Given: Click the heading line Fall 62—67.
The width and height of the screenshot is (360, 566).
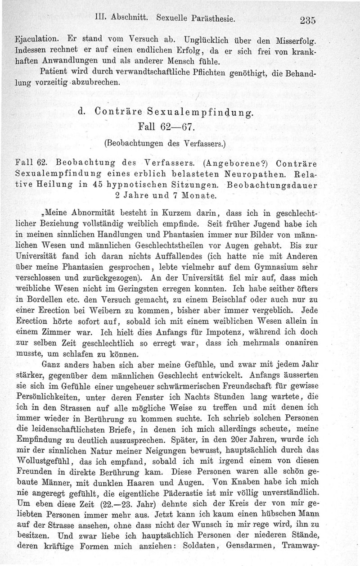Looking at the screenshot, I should [167, 128].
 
